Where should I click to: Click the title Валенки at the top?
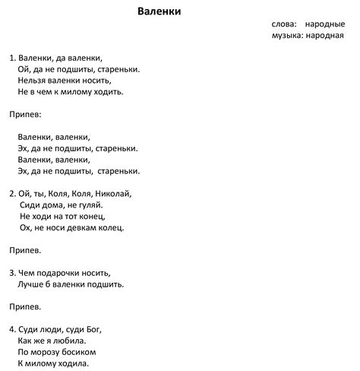159,11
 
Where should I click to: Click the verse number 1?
12,58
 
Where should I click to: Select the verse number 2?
12,194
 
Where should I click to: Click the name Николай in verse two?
114,194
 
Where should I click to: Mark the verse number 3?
12,273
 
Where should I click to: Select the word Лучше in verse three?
32,284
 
